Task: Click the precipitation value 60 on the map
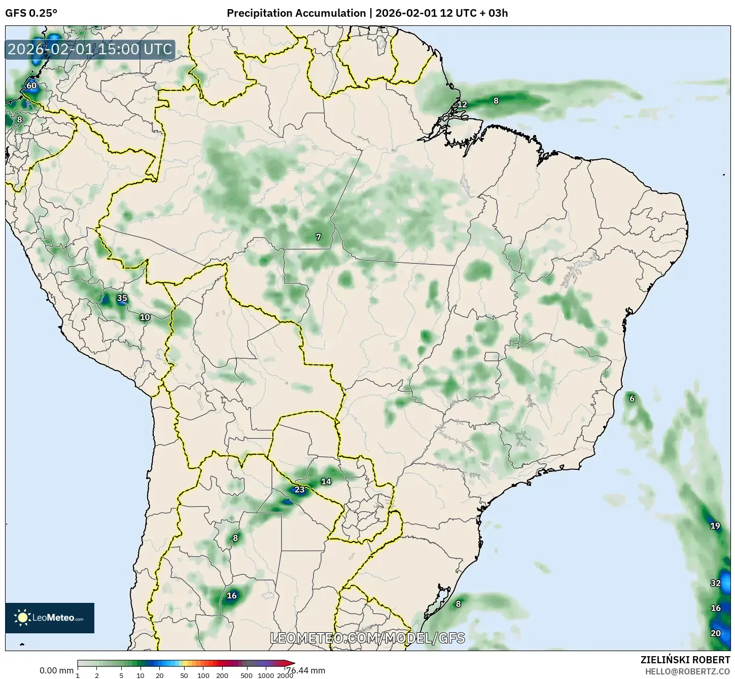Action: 31,85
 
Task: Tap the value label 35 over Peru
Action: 122,298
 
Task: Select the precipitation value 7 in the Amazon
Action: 319,237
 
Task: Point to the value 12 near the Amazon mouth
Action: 462,105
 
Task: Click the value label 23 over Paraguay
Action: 300,489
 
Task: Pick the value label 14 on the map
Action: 326,481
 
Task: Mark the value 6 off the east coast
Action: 632,398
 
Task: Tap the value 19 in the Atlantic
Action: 715,526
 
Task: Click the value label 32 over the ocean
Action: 716,583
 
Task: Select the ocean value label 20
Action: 716,633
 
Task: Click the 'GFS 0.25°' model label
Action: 31,13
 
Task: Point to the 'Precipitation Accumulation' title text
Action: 296,13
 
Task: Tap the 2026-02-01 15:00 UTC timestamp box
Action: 90,49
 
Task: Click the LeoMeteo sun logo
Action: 22,618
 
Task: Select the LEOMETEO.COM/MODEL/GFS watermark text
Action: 367,638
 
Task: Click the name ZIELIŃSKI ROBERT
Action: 685,660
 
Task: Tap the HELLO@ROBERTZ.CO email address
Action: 687,671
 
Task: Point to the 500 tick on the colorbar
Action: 247,675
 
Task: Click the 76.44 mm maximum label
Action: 305,670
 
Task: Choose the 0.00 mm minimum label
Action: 56,670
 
